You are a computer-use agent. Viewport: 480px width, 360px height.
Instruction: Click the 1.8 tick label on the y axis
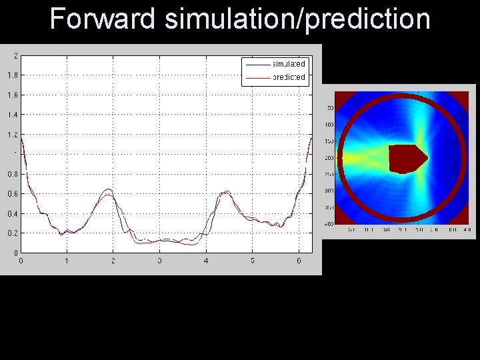click(13, 75)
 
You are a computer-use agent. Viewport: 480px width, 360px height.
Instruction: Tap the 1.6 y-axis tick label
click(13, 95)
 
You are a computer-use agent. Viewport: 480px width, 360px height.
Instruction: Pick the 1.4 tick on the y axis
click(13, 115)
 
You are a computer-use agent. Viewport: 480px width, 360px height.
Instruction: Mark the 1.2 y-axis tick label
click(13, 135)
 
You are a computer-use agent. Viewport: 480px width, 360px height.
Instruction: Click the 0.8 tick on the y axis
click(13, 174)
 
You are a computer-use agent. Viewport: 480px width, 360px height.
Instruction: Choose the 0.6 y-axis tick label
click(13, 194)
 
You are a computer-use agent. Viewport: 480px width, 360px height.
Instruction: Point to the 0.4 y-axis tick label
click(13, 214)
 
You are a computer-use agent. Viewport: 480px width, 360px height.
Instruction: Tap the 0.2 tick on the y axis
click(13, 234)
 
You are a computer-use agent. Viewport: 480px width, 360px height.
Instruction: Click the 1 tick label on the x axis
click(67, 261)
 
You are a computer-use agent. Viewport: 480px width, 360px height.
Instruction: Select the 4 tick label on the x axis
click(206, 261)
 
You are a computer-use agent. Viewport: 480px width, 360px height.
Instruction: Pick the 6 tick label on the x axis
click(299, 261)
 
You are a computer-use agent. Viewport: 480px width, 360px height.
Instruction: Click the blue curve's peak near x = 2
click(109, 190)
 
